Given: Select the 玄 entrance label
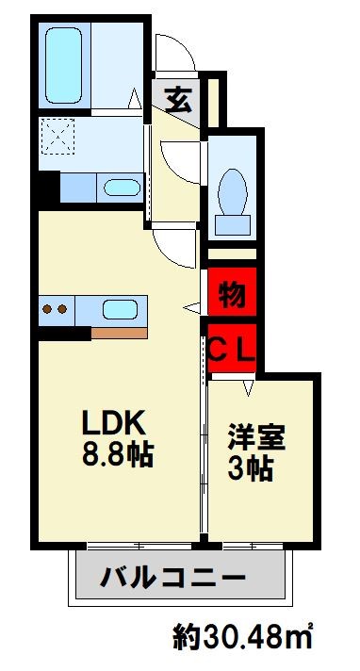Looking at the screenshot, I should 178,96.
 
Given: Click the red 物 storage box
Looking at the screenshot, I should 232,294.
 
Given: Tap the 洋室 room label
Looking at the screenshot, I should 256,439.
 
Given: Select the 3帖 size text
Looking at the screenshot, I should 252,469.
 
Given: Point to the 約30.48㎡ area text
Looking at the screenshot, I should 242,638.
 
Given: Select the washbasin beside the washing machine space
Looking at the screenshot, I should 119,186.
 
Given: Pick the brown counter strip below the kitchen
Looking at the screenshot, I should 120,331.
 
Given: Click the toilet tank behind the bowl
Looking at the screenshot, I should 233,222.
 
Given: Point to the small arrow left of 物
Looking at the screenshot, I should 190,305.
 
